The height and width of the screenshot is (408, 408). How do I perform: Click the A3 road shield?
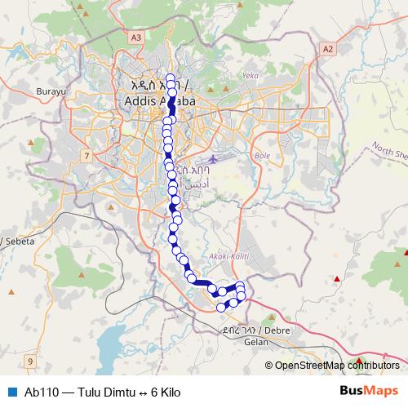tap(135, 38)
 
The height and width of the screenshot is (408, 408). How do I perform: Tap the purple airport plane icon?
tap(214, 157)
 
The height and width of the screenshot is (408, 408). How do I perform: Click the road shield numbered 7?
tap(86, 153)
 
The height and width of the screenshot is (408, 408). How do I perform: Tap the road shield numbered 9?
tap(31, 360)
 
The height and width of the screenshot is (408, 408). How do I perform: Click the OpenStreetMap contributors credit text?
tap(337, 366)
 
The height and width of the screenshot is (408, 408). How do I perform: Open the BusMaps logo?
tap(368, 391)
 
